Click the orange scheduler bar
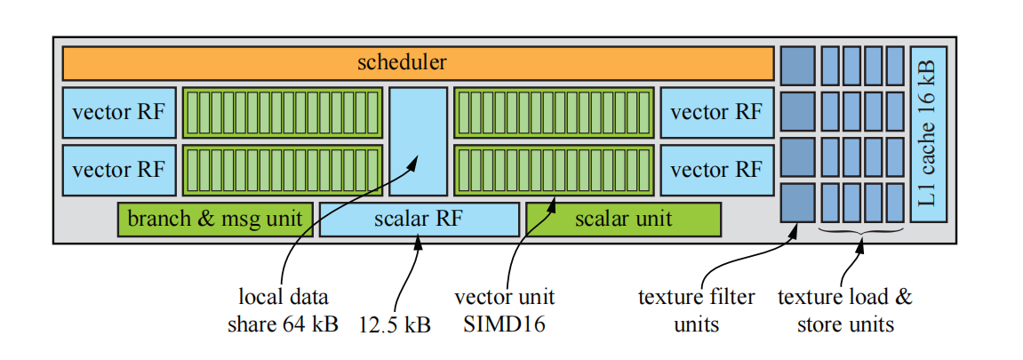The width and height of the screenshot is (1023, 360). point(418,63)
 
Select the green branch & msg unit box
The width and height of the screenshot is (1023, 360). point(214,219)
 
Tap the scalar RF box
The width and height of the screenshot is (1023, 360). point(419,219)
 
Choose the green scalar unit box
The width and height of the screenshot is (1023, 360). point(623,219)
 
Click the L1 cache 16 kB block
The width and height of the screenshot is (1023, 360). point(929,133)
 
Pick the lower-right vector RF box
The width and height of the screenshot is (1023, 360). point(715,169)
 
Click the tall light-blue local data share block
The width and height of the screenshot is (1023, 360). point(419,140)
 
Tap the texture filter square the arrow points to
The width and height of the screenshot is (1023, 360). point(797,202)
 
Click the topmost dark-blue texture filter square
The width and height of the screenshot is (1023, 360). point(797,64)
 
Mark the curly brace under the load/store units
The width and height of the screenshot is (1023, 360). point(860,233)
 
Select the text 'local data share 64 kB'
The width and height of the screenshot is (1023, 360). point(283,310)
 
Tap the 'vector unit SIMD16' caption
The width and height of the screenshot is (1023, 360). point(504,310)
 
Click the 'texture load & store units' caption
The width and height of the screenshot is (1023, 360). point(844,310)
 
